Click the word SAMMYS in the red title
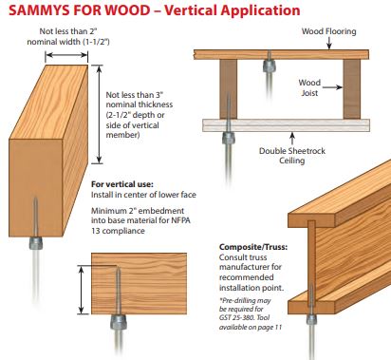coord(39,10)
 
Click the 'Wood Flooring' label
coord(328,31)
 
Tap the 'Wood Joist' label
coord(309,87)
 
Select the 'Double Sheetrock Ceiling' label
coord(292,156)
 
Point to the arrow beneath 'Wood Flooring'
coord(329,43)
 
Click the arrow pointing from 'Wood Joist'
coord(332,87)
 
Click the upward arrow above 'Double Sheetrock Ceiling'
coord(292,139)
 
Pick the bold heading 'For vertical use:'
coord(122,184)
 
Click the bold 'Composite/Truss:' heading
coord(253,247)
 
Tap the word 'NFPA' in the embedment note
coord(180,220)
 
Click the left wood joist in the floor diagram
coord(229,89)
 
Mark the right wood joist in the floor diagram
coord(352,89)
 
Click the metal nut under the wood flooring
coord(270,66)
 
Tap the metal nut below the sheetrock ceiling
coord(228,139)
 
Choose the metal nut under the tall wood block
coord(35,243)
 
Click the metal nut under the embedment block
coord(119,322)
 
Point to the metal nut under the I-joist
coord(311,319)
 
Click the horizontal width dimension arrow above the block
coord(66,55)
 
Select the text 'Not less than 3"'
coord(135,95)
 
